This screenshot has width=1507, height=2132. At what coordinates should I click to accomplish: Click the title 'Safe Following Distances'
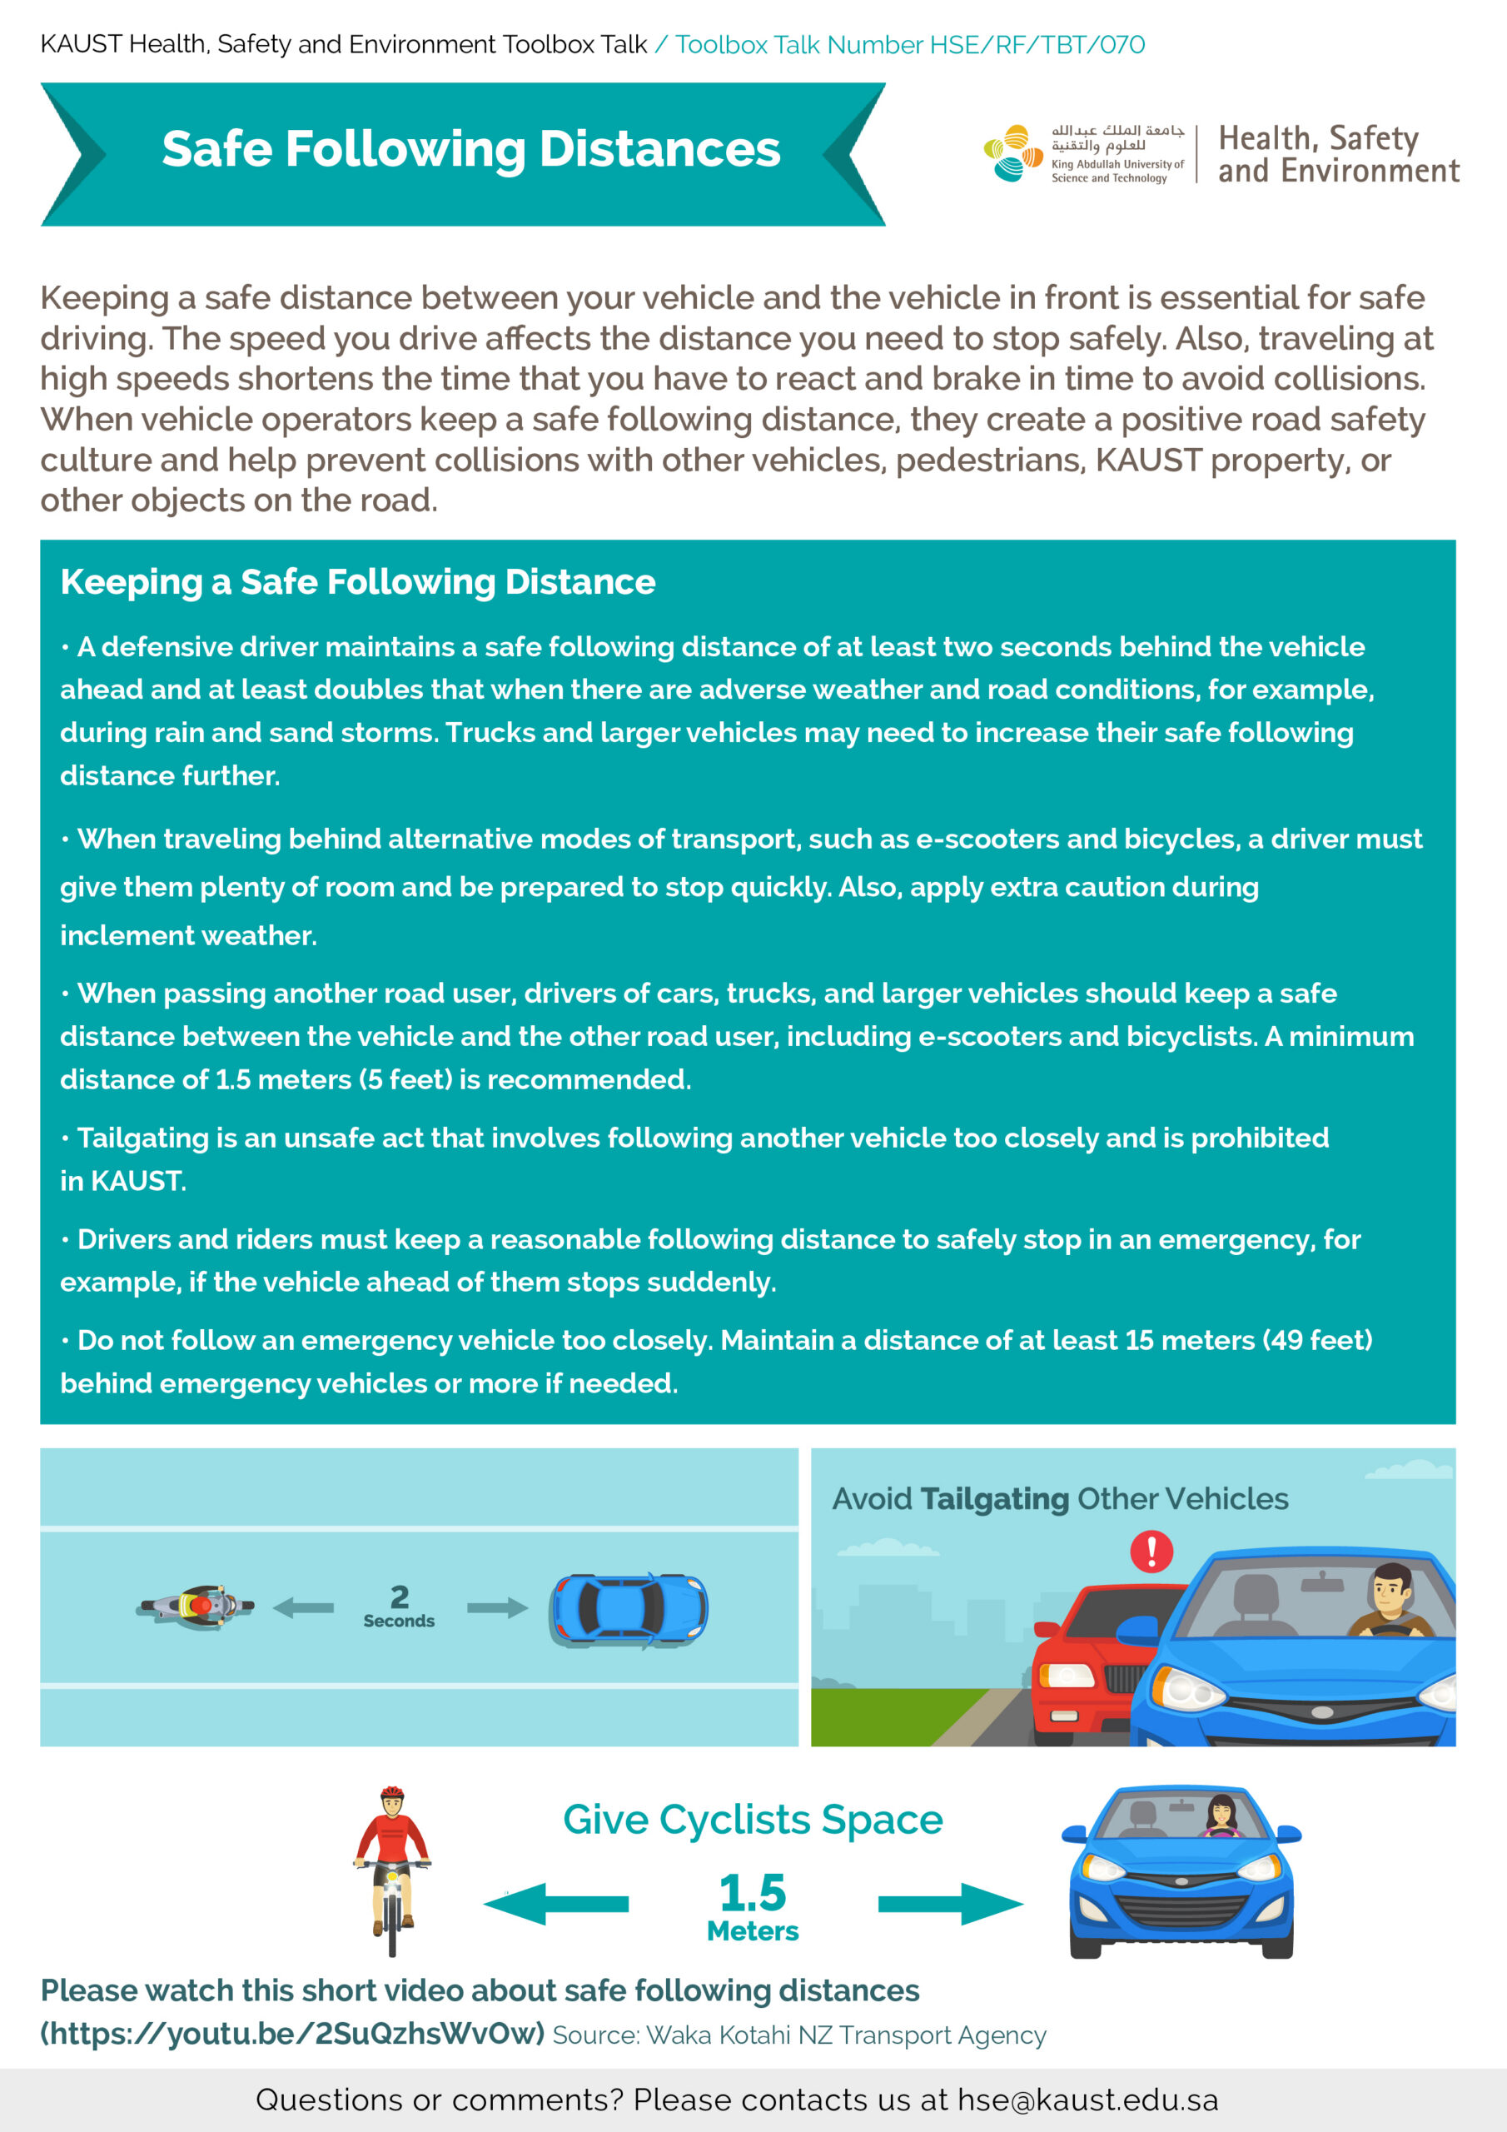coord(470,150)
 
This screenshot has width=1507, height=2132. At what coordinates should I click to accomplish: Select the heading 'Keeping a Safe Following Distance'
coord(357,582)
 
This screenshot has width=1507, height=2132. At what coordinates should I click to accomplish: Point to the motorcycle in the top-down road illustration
coord(196,1606)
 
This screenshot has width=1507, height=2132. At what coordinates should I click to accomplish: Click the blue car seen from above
coord(629,1610)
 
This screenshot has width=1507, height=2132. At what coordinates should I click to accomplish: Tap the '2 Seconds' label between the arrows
coord(400,1606)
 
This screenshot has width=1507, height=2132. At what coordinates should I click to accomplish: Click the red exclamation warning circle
coord(1151,1551)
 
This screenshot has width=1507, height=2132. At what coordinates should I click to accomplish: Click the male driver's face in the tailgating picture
coord(1390,1590)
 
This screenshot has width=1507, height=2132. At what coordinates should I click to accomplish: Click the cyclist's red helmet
coord(392,1792)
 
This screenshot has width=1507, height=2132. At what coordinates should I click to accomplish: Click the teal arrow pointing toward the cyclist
coord(556,1904)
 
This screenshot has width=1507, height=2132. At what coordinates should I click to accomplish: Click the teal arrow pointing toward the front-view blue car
coord(950,1904)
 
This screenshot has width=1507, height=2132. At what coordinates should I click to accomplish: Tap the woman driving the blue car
coord(1221,1815)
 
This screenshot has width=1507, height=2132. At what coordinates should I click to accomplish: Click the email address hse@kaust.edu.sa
coord(1087,2100)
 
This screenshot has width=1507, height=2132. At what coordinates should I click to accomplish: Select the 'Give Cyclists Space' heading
coord(752,1820)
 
